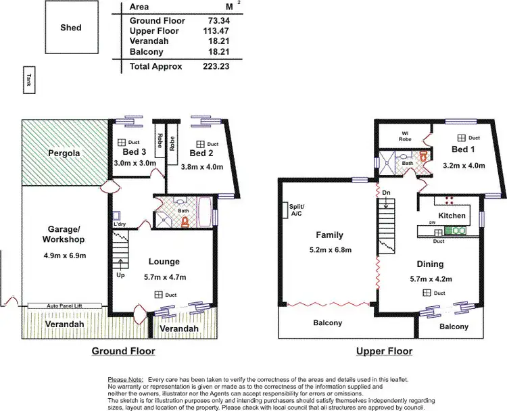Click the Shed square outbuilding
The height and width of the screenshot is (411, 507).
[x=70, y=28]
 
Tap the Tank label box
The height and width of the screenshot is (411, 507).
[x=28, y=80]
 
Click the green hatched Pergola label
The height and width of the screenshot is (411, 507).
[x=64, y=153]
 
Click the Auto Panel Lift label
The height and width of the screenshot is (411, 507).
[x=64, y=306]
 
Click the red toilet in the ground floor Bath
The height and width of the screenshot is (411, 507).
[x=185, y=220]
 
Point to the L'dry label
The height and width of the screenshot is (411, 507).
[x=120, y=225]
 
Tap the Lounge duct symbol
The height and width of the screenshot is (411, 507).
[x=158, y=294]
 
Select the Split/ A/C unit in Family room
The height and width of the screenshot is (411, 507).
[x=286, y=210]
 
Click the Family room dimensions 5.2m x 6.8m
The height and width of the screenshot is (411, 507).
[x=329, y=249]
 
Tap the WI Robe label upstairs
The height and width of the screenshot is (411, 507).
[x=405, y=135]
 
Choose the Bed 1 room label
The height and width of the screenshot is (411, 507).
[x=465, y=149]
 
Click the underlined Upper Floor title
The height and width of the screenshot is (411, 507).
[x=384, y=352]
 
